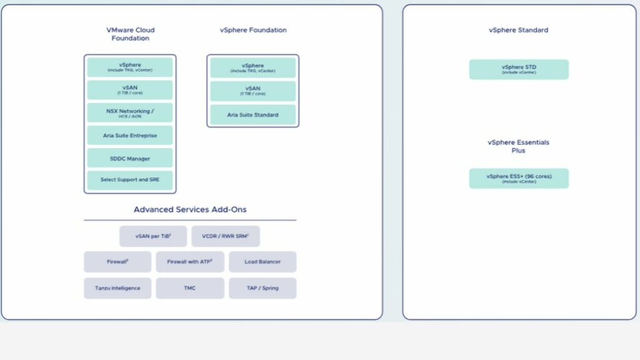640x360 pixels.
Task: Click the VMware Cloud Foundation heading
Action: click(130, 34)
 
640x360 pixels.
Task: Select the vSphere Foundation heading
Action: click(253, 30)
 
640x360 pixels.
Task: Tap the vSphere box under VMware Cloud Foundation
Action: click(130, 67)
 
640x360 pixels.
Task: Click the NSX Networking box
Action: click(130, 113)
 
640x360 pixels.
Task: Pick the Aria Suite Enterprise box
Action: click(130, 136)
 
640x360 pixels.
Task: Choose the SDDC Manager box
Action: click(130, 159)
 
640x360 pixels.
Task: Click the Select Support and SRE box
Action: click(130, 180)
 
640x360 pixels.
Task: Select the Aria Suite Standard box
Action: click(253, 115)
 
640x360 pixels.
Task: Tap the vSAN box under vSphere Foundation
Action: click(253, 91)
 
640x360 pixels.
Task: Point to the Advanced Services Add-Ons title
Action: click(190, 209)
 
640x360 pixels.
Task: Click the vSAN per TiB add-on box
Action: click(153, 237)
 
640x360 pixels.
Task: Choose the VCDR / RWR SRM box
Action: click(226, 237)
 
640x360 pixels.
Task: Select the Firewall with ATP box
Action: click(190, 262)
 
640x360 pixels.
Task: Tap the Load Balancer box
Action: click(262, 262)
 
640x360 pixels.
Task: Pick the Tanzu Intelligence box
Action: click(117, 288)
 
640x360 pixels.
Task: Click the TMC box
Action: click(190, 288)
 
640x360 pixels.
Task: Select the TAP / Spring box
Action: click(262, 288)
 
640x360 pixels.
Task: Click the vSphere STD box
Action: click(519, 69)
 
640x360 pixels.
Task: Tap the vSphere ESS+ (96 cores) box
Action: click(519, 178)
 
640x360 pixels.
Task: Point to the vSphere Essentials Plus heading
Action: click(518, 146)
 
